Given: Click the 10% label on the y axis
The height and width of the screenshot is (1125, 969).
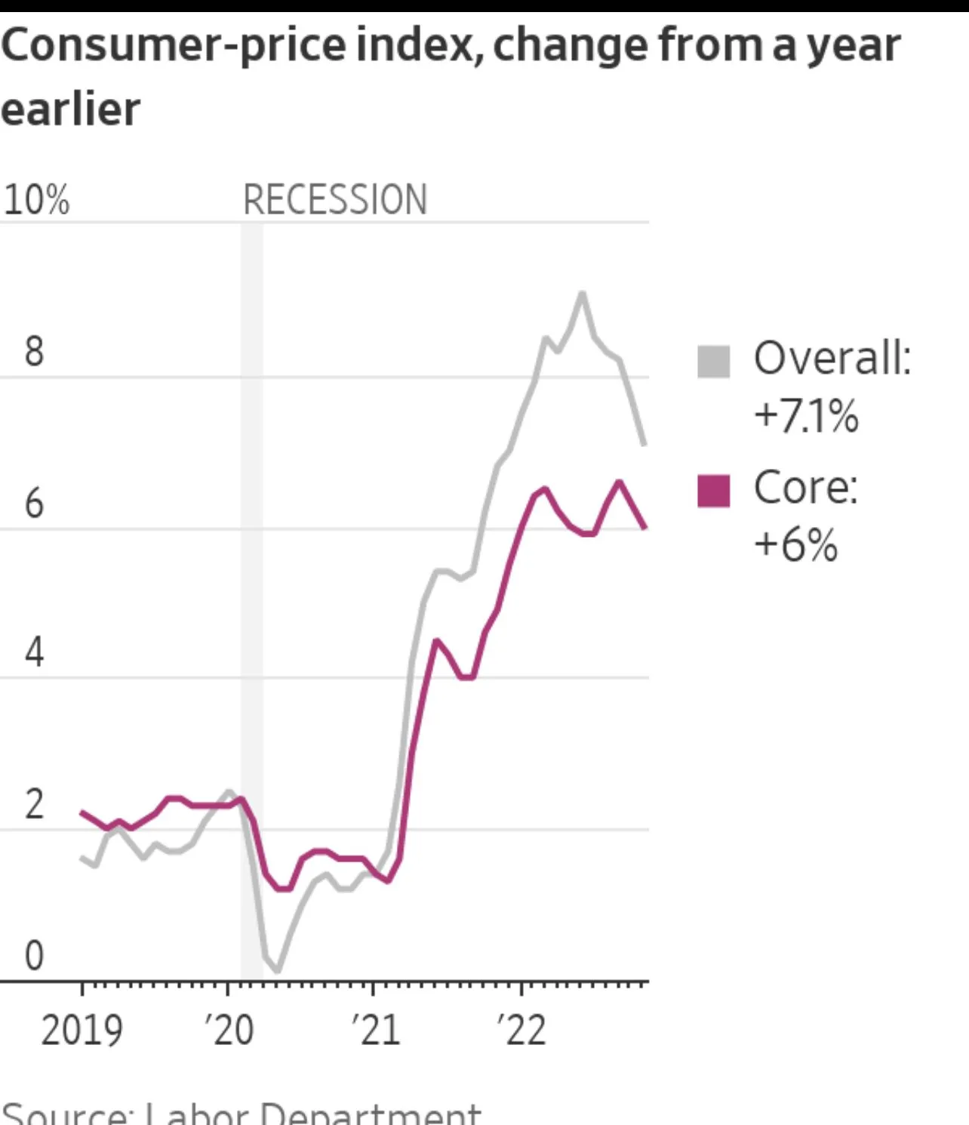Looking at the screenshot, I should [x=36, y=200].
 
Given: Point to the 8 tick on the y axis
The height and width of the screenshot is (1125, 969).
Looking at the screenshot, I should [x=34, y=352].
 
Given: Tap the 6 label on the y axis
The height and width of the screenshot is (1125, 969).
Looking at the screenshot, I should [x=34, y=503].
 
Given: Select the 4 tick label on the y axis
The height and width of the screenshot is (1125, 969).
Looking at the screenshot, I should [x=34, y=652].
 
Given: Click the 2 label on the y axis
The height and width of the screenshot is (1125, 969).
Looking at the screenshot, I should [x=34, y=805].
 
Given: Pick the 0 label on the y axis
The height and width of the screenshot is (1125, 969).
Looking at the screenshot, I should [x=34, y=956].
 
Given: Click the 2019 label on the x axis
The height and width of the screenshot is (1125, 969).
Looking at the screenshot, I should [x=82, y=1031].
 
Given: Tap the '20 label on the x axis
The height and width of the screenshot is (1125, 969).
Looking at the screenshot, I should [x=229, y=1031].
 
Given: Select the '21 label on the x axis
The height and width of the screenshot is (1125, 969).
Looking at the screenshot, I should [x=375, y=1031].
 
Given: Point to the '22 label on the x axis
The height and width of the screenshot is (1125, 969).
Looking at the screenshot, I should [x=521, y=1031].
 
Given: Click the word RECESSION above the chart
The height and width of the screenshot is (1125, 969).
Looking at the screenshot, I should [x=335, y=200].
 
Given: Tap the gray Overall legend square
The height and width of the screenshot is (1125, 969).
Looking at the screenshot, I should [x=714, y=361].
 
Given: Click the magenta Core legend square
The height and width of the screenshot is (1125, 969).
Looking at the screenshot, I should [x=714, y=491].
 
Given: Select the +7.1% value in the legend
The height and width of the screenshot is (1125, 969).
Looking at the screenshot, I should [x=806, y=415].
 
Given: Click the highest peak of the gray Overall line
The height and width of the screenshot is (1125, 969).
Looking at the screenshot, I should [x=582, y=293].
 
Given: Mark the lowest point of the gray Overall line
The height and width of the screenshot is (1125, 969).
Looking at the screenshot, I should [x=278, y=970].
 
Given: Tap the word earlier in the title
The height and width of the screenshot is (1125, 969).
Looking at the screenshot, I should [x=70, y=109].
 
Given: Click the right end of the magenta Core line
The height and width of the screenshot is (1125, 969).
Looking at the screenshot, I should [x=644, y=527].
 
